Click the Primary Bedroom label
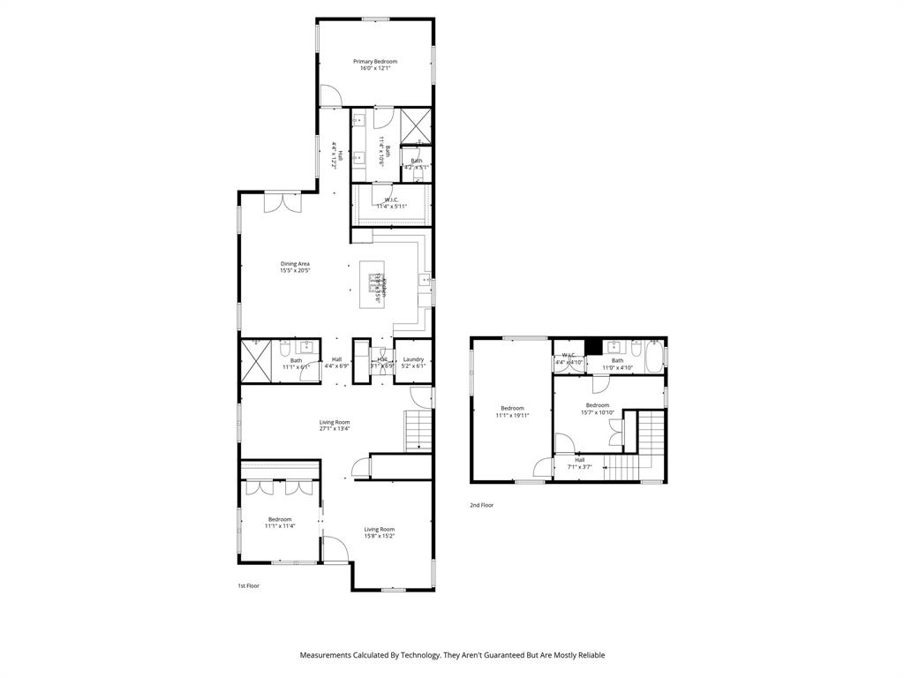tap(375, 62)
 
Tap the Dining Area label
tap(295, 263)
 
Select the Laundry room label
tap(413, 358)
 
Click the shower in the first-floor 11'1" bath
tap(255, 361)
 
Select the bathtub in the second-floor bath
tap(654, 357)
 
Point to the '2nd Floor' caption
tap(481, 505)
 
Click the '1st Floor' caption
tap(248, 585)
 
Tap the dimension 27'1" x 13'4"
tap(335, 429)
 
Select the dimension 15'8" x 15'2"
tap(380, 536)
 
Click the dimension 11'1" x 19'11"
tap(513, 415)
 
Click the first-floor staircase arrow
tap(419, 447)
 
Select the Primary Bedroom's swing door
tap(328, 94)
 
